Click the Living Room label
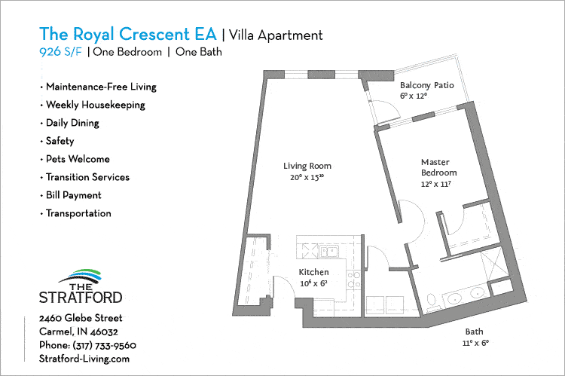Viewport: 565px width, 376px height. coord(307,171)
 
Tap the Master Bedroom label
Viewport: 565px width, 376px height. coord(439,172)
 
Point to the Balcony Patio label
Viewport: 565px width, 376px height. coord(426,90)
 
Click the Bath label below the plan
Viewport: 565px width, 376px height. coord(474,336)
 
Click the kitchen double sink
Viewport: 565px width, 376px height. coord(328,252)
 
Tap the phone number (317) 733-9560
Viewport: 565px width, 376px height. coord(87,345)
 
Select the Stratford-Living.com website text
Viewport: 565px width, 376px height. coord(84,359)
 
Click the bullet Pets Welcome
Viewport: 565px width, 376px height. coord(77,159)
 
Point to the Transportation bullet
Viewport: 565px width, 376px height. coord(78,213)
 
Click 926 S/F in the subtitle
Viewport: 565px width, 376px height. coord(60,52)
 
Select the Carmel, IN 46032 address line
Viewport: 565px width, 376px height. coord(78,332)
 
